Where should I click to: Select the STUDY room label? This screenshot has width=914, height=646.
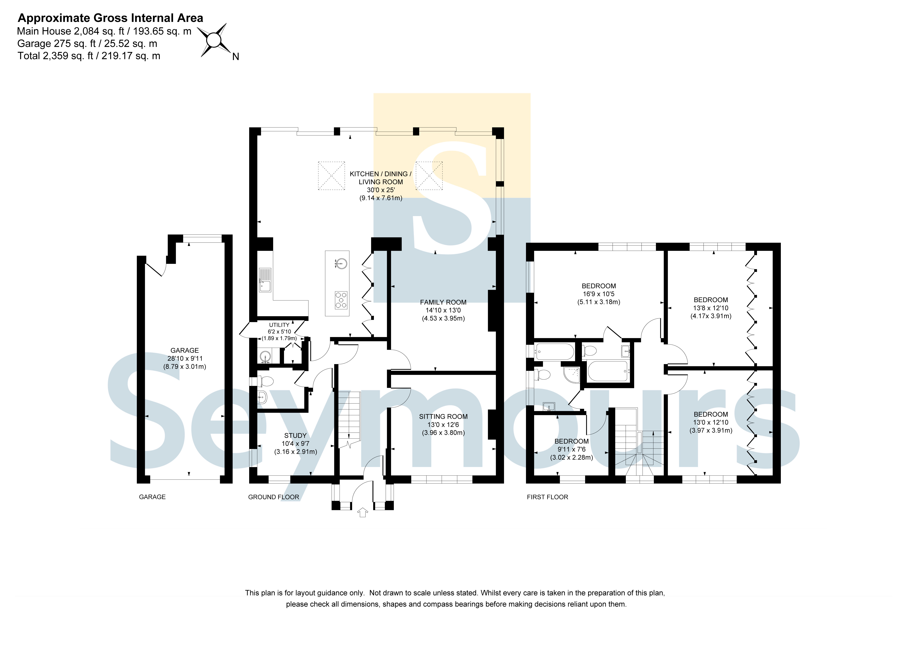tap(295, 435)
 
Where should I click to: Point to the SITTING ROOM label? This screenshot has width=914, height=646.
tap(443, 416)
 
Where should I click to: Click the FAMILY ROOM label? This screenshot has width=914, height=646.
tap(443, 302)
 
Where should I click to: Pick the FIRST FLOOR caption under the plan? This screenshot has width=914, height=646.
tap(547, 497)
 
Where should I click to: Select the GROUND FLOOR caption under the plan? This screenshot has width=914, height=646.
tap(274, 497)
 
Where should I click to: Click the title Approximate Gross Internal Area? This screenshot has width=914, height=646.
tap(111, 18)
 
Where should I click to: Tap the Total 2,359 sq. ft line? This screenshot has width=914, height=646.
tap(89, 56)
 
